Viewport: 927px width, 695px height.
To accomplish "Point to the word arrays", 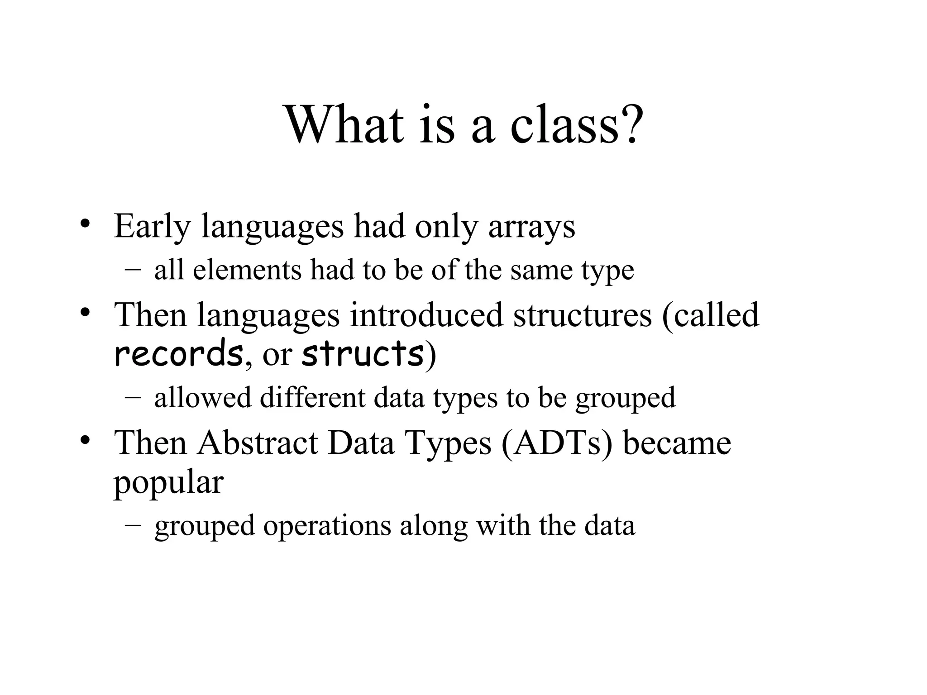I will click(531, 227).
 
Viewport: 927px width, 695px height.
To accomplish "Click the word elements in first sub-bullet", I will click(247, 270).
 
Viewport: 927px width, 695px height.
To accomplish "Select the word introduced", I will click(426, 315).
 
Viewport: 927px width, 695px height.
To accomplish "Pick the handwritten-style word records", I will click(178, 354).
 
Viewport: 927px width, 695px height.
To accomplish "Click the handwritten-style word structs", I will click(362, 354).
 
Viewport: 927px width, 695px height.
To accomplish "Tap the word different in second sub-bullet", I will click(312, 398).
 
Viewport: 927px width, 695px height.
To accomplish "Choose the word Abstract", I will click(257, 443).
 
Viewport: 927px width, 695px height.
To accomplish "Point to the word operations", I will click(327, 526).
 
